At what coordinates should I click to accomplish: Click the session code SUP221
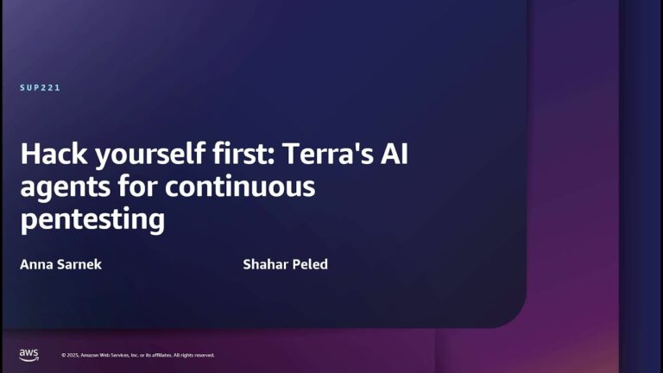pyautogui.click(x=40, y=88)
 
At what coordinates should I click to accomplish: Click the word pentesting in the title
pyautogui.click(x=92, y=219)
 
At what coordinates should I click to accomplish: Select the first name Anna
pyautogui.click(x=37, y=264)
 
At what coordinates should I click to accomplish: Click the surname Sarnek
pyautogui.click(x=80, y=264)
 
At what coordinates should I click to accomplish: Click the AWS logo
pyautogui.click(x=28, y=355)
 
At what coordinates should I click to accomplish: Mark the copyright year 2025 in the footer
pyautogui.click(x=73, y=356)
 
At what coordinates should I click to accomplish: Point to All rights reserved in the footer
pyautogui.click(x=194, y=356)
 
